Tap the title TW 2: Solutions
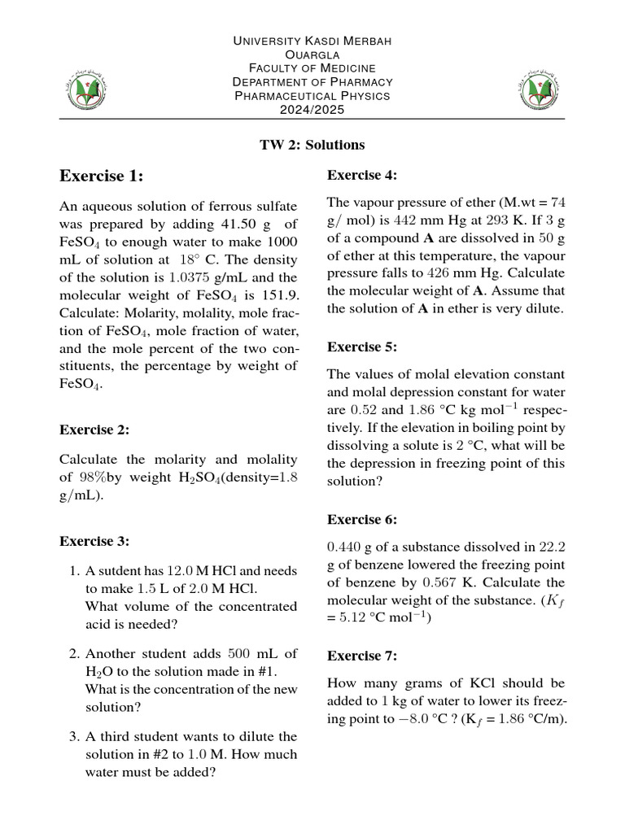[312, 145]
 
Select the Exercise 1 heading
[102, 176]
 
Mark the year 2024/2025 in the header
[312, 109]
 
